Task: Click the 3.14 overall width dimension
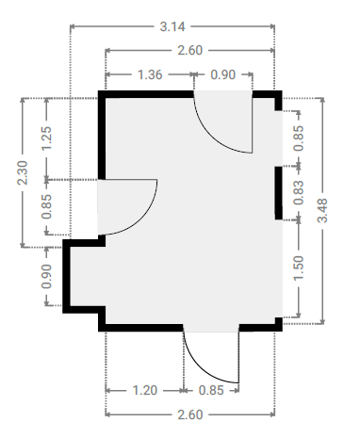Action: pyautogui.click(x=172, y=26)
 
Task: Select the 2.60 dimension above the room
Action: pyautogui.click(x=190, y=50)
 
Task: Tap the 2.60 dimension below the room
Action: pyautogui.click(x=190, y=414)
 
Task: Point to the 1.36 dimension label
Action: pyautogui.click(x=150, y=74)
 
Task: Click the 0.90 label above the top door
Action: pyautogui.click(x=223, y=74)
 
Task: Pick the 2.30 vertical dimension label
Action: pyautogui.click(x=23, y=172)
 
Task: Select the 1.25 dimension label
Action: pyautogui.click(x=46, y=138)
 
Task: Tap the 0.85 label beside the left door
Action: pyautogui.click(x=46, y=206)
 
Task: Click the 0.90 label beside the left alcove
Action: pyautogui.click(x=46, y=276)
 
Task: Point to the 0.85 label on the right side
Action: pyautogui.click(x=299, y=138)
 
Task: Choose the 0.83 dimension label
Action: pyautogui.click(x=299, y=192)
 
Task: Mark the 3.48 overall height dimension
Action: pyautogui.click(x=322, y=210)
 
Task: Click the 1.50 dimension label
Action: pyautogui.click(x=299, y=268)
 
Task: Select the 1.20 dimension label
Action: pyautogui.click(x=145, y=391)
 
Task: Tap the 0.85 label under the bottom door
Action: pyautogui.click(x=211, y=391)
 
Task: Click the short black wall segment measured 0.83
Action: pyautogui.click(x=279, y=193)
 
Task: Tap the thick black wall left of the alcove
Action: pyautogui.click(x=66, y=276)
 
